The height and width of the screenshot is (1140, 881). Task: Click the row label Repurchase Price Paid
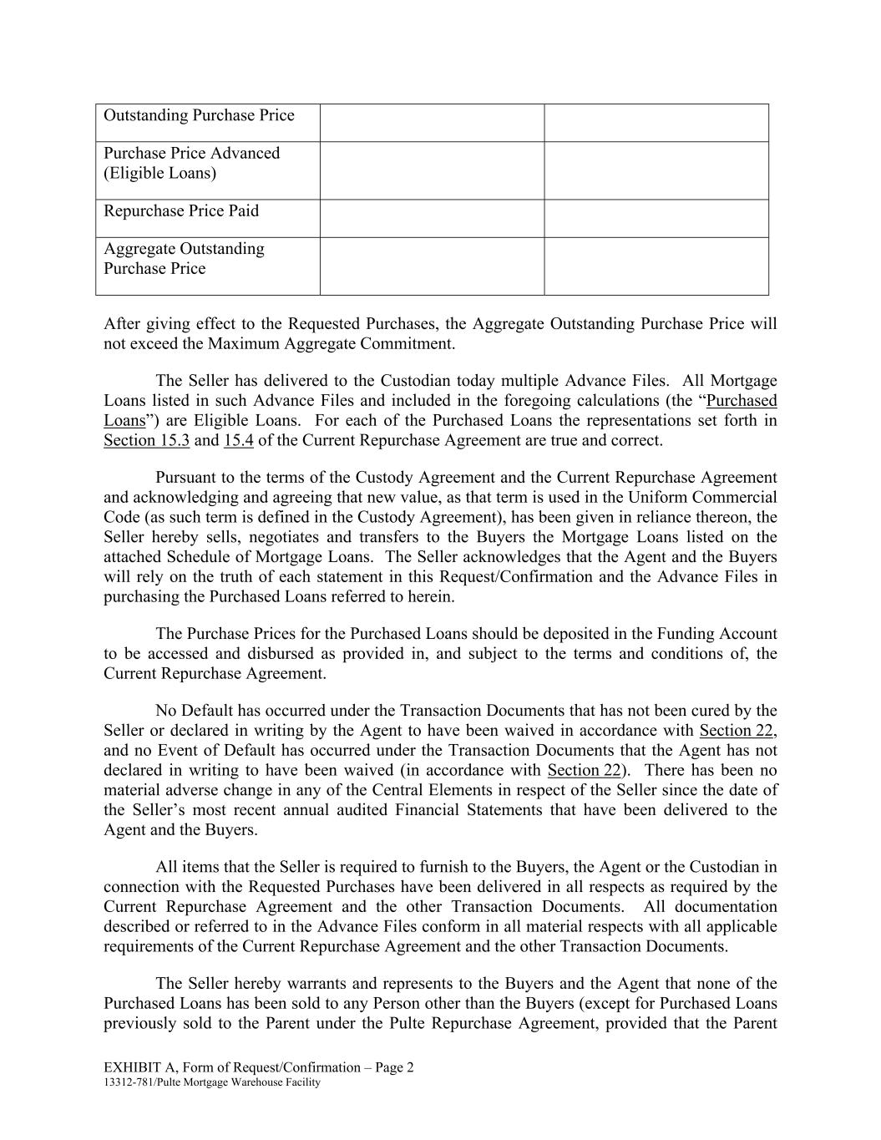[181, 211]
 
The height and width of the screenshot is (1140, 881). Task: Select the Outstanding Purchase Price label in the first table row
[199, 115]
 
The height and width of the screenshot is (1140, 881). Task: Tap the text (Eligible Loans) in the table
[159, 174]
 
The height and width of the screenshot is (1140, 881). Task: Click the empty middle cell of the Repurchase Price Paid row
[432, 218]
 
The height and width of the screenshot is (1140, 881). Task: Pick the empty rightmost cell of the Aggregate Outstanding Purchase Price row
[656, 266]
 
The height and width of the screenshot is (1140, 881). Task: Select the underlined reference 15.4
[238, 440]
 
